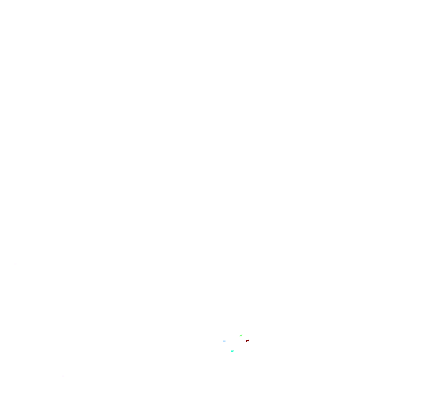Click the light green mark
click(x=241, y=335)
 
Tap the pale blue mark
click(x=224, y=341)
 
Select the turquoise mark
click(x=232, y=351)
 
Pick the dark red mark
click(x=248, y=340)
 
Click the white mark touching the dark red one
click(x=245, y=341)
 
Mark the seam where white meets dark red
click(x=246, y=341)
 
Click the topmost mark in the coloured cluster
click(x=241, y=335)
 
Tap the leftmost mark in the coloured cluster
click(x=224, y=341)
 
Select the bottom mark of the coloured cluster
click(x=232, y=351)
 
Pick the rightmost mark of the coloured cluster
click(x=248, y=340)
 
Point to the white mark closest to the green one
click(x=245, y=341)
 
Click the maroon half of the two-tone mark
click(x=248, y=340)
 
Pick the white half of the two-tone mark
click(x=245, y=341)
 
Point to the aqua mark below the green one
click(x=232, y=351)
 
